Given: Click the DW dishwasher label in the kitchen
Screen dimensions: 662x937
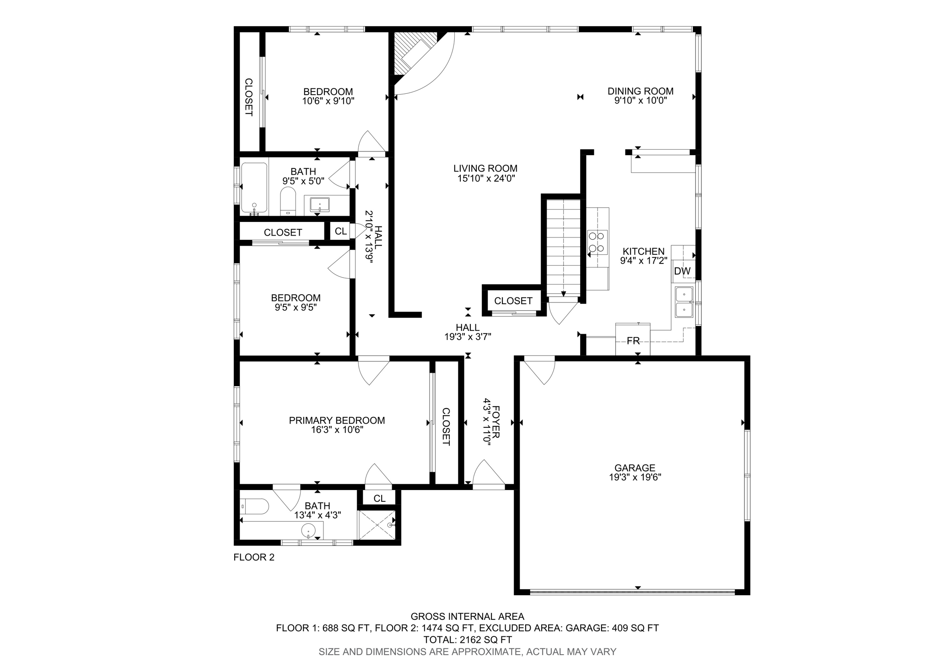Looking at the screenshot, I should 682,271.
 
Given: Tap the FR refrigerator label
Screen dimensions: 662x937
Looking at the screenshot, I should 633,341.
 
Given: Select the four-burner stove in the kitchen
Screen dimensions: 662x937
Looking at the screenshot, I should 598,242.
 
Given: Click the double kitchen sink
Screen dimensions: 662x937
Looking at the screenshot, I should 684,302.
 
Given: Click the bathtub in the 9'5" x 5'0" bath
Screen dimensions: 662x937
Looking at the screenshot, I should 254,188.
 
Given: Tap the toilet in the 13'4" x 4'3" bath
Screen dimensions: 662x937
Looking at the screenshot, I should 254,506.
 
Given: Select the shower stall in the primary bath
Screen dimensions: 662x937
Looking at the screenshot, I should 376,525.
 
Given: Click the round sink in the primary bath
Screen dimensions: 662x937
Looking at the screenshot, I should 309,531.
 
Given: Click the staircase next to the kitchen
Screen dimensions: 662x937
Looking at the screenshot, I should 563,247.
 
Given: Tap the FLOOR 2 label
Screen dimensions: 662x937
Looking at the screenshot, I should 254,557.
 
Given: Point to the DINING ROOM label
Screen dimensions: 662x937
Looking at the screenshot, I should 640,91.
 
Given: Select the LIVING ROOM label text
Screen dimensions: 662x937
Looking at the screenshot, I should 485,168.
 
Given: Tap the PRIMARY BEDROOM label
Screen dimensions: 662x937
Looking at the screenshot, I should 337,420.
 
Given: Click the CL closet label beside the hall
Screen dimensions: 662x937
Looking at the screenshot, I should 340,231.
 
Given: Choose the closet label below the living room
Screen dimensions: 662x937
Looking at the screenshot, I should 513,301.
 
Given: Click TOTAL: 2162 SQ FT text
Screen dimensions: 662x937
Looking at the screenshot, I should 467,640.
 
